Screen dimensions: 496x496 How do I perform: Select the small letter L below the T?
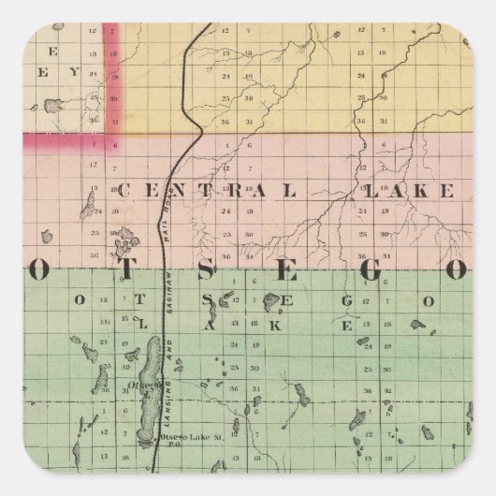[143, 324]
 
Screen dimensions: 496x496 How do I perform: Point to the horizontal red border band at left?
[56, 140]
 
